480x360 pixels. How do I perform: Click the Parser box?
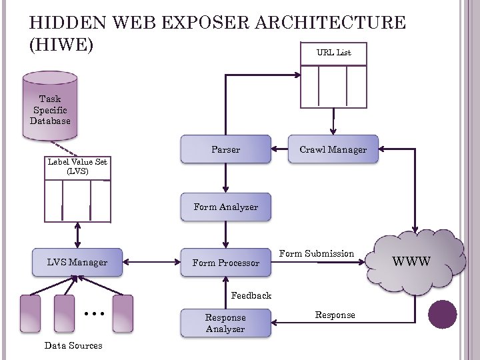225,149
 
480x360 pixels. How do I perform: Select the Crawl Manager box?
333,149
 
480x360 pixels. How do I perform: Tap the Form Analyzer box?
225,207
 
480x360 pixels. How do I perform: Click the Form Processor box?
225,263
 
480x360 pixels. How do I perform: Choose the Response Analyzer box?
225,323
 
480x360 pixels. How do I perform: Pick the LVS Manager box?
77,262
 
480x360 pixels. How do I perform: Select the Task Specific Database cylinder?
49,107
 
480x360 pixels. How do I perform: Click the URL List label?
334,53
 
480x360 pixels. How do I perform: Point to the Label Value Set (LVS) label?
77,166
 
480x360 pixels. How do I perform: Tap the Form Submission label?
316,253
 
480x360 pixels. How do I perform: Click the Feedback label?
251,295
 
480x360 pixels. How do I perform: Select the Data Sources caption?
73,345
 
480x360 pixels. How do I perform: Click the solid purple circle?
443,314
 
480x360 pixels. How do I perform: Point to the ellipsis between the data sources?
93,312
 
